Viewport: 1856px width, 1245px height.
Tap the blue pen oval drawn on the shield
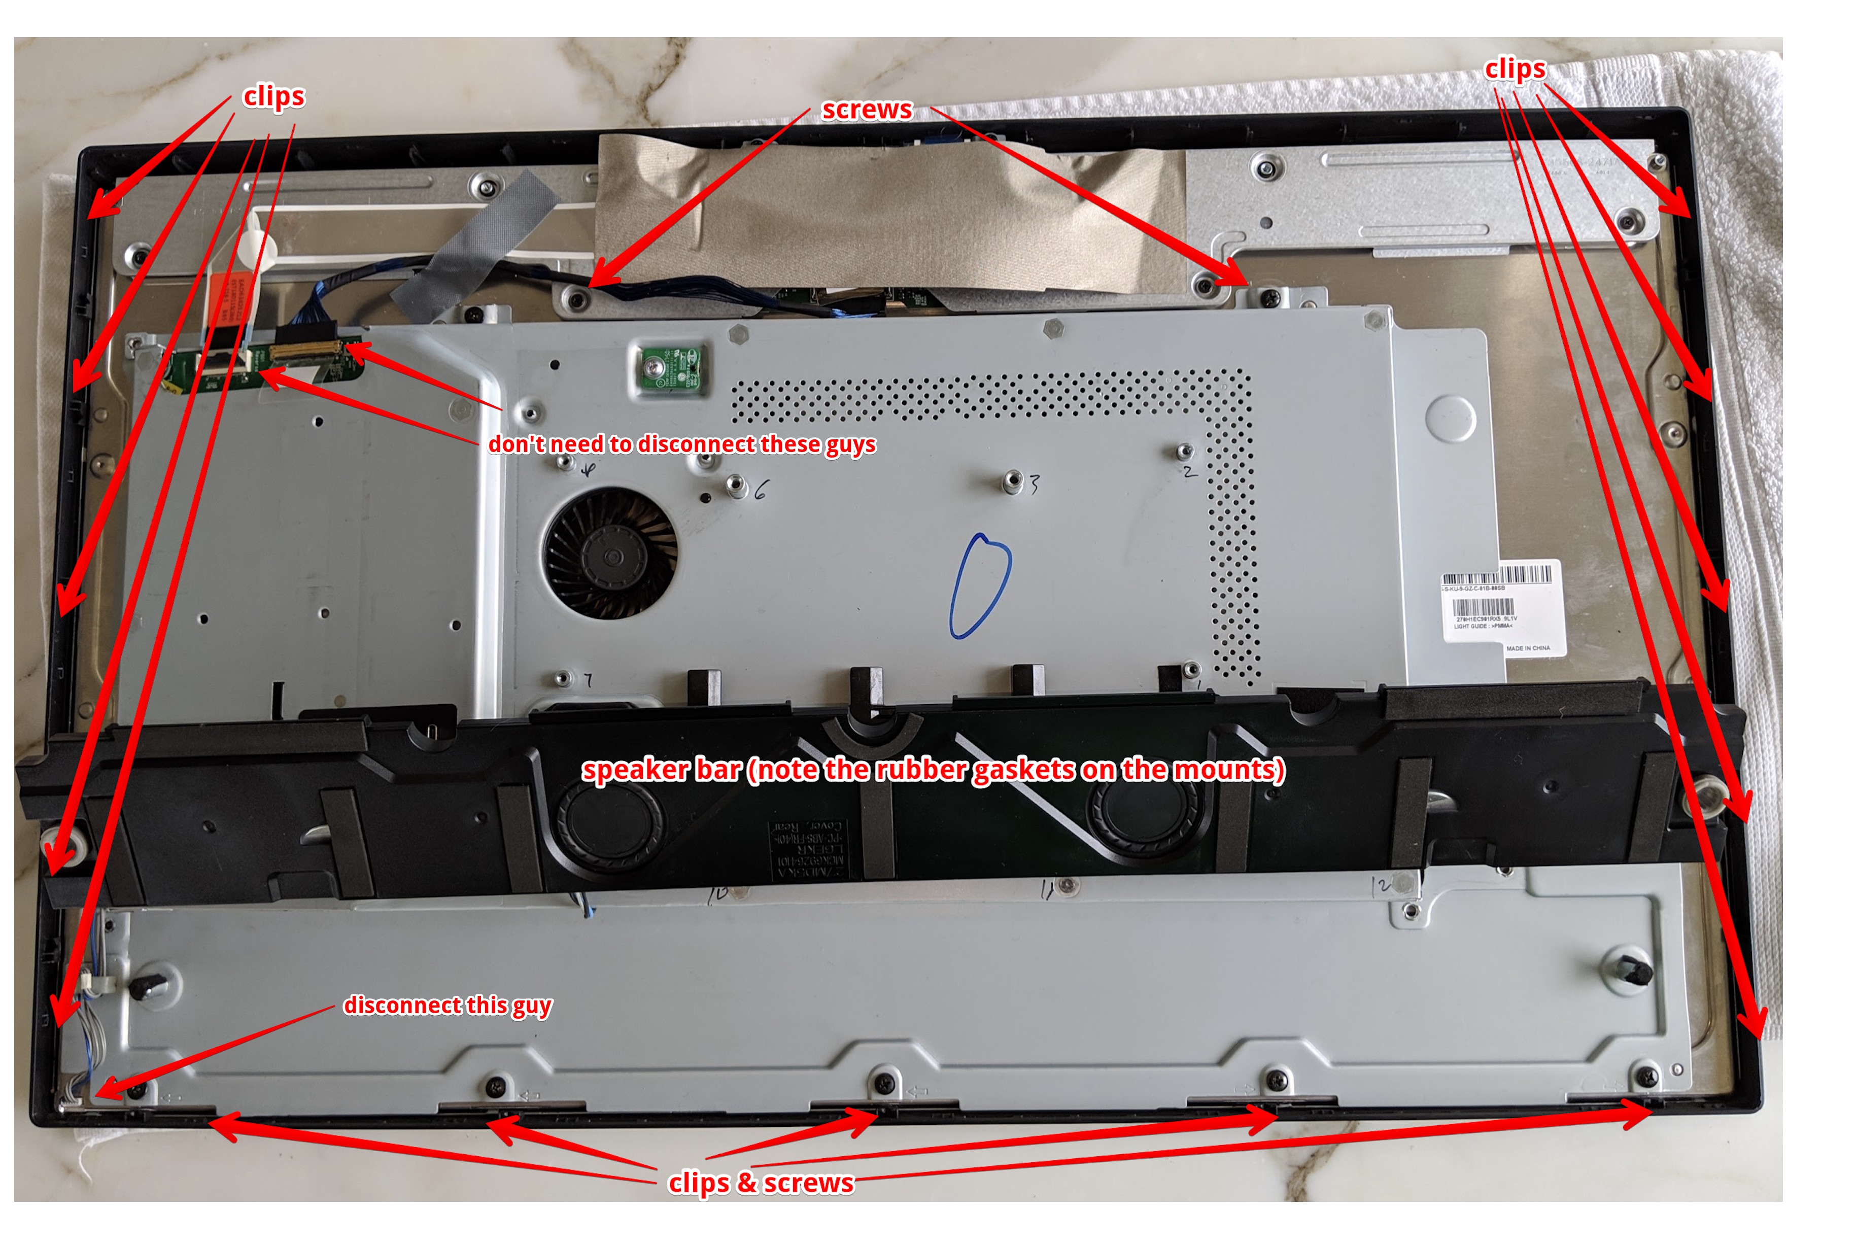pyautogui.click(x=980, y=585)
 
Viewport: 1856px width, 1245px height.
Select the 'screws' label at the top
pyautogui.click(x=867, y=110)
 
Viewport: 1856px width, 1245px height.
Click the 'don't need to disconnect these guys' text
pyautogui.click(x=682, y=444)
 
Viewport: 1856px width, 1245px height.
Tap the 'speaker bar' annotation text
pyautogui.click(x=933, y=770)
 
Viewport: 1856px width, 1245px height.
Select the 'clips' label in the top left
pyautogui.click(x=273, y=96)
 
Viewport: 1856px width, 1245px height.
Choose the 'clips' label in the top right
pyautogui.click(x=1515, y=69)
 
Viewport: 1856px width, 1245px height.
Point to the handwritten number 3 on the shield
pyautogui.click(x=1035, y=483)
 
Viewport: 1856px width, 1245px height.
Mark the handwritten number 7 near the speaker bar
pyautogui.click(x=588, y=680)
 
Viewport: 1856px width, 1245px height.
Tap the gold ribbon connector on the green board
pyautogui.click(x=305, y=351)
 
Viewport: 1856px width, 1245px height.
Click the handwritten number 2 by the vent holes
pyautogui.click(x=1189, y=472)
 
